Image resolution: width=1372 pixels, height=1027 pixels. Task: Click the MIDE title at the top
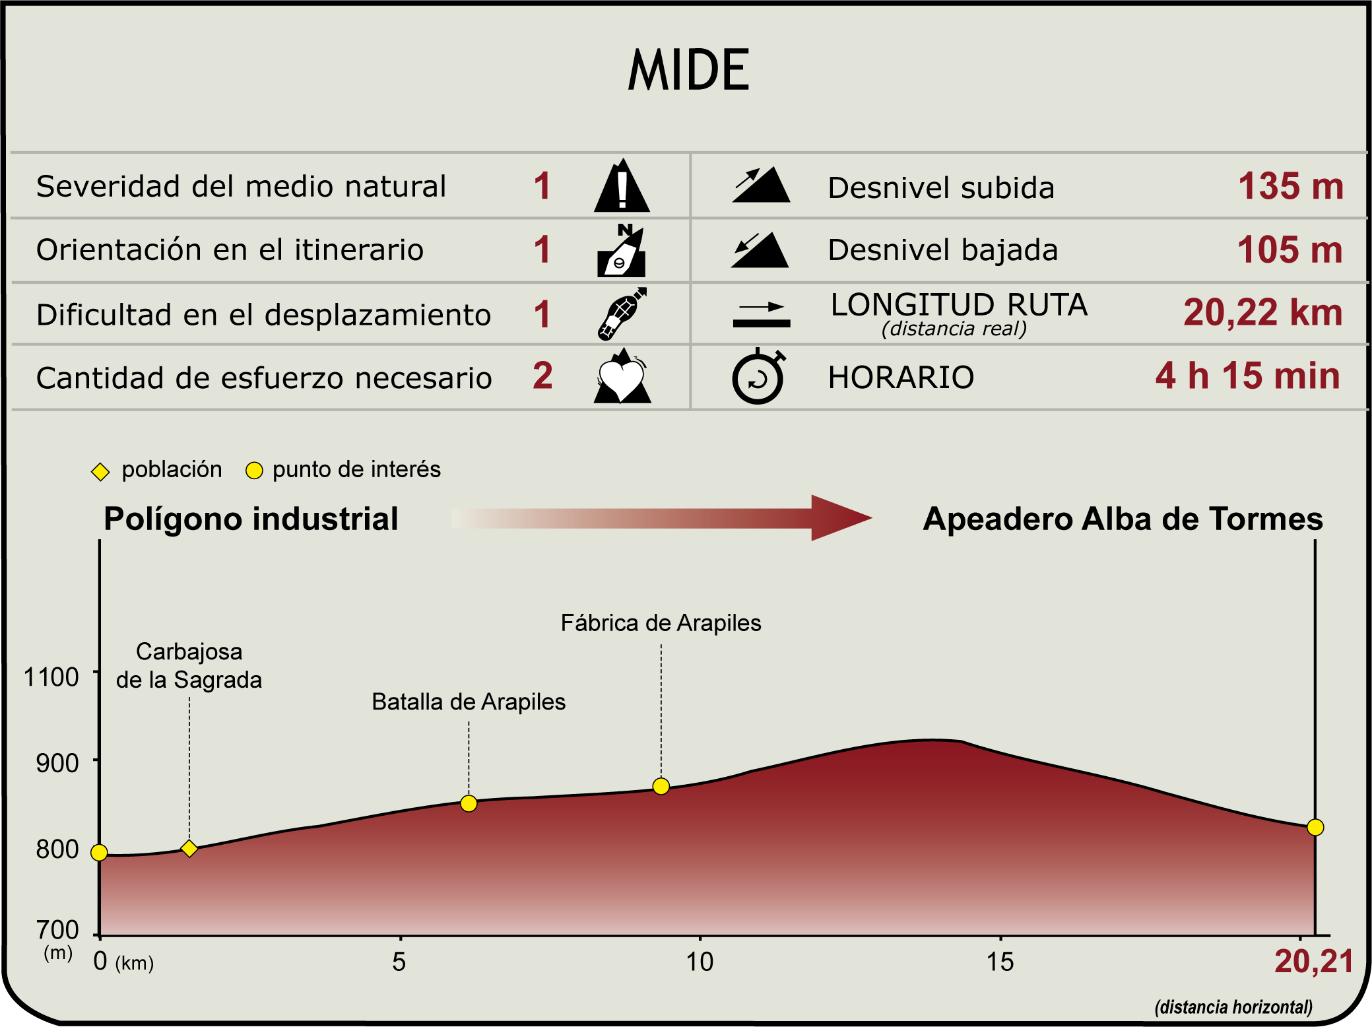click(688, 70)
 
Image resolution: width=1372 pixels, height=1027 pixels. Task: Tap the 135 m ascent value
click(1290, 187)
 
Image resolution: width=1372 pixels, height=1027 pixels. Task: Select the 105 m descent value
click(1290, 250)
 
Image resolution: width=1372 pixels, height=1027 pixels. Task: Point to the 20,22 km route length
click(1262, 313)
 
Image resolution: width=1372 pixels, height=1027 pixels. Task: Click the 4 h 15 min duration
click(1247, 376)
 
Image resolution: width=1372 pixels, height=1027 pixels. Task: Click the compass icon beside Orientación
click(622, 251)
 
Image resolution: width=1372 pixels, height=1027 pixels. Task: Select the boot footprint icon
click(622, 314)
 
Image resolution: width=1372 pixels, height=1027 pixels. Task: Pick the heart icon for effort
click(622, 377)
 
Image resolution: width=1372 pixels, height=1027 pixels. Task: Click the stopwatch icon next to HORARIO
click(758, 377)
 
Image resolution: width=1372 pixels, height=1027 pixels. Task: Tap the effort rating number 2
click(542, 376)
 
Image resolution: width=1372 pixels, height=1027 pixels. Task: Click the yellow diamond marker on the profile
click(189, 848)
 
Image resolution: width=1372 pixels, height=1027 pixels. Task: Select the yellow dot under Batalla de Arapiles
click(469, 803)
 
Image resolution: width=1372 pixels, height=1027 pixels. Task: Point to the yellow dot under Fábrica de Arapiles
click(661, 786)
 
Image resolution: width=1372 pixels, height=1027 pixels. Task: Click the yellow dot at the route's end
click(1315, 827)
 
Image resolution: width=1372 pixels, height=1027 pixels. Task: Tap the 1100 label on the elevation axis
click(51, 677)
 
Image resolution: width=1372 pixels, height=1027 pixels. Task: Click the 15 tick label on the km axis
click(1000, 962)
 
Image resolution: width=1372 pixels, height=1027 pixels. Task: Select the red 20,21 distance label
click(1313, 962)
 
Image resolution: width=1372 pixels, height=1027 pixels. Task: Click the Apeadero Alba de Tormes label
click(1123, 519)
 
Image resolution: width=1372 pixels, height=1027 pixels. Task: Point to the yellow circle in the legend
click(254, 471)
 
